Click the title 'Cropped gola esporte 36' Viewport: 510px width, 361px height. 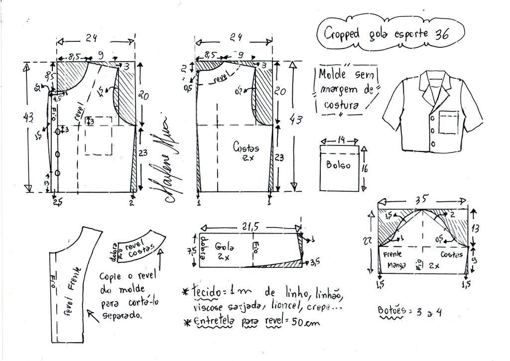[x=386, y=34]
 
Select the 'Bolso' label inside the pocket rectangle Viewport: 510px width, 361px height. [x=339, y=164]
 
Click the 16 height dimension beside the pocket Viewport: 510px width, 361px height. [x=365, y=168]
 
